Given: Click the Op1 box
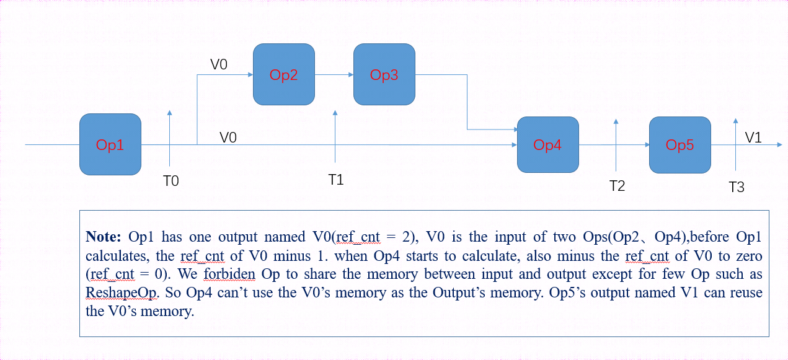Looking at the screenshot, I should click(110, 144).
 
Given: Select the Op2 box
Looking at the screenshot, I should click(283, 74).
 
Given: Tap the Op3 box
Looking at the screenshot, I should click(384, 74).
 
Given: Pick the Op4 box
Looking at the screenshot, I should click(547, 144).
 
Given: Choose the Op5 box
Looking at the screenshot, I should click(680, 144).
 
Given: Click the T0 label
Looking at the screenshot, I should click(170, 181).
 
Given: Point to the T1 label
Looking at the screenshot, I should click(335, 180).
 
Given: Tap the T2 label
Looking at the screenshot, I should click(617, 186).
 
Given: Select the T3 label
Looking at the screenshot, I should click(736, 187).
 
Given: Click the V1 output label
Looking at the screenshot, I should click(753, 138).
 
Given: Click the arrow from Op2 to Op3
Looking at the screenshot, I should click(334, 74).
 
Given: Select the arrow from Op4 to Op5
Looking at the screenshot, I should click(613, 145).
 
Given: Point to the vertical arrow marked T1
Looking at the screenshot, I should click(335, 136).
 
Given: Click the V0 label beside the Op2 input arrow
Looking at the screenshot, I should click(219, 64).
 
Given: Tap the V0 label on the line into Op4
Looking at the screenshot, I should click(228, 137).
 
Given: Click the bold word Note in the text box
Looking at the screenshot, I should click(105, 237).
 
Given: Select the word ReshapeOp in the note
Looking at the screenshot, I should click(115, 292).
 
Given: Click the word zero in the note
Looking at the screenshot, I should click(747, 256).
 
